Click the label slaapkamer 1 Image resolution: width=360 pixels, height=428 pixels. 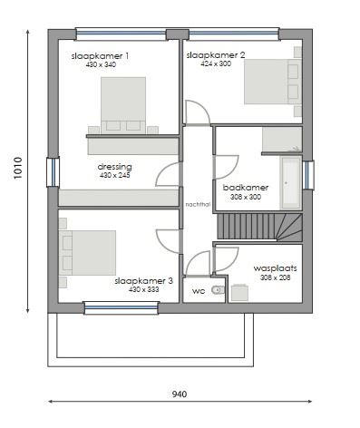(x=100, y=56)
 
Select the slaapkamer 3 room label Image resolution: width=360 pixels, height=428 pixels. (x=143, y=281)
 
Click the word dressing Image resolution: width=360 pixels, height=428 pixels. (x=115, y=167)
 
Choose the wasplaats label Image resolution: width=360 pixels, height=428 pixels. (x=276, y=268)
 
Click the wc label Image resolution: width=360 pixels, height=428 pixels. (x=199, y=291)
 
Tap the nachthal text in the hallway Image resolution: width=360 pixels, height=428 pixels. (x=197, y=204)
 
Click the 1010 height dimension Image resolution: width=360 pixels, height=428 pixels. (x=18, y=170)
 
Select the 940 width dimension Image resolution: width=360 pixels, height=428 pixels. (x=180, y=394)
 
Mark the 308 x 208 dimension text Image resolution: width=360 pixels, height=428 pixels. (x=276, y=277)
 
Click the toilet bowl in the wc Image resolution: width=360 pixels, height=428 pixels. (x=216, y=290)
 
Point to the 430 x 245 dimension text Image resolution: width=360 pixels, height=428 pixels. (x=115, y=176)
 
